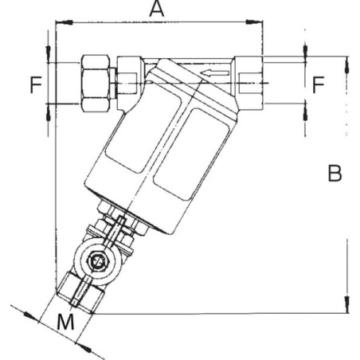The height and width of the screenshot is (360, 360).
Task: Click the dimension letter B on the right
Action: coord(335,173)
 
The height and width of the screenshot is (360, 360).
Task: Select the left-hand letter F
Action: coord(36,84)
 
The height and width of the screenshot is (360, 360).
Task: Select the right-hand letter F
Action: coord(318,84)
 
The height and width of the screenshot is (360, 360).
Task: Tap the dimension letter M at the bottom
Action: coord(65,322)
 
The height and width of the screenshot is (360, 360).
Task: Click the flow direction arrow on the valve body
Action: coord(214,73)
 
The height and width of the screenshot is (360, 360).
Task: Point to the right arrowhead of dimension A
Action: coord(254,22)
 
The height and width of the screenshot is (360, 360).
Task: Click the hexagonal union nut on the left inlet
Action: coord(96,83)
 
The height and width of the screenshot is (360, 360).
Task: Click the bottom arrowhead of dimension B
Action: coord(346,304)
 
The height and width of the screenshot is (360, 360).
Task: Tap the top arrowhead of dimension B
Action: coord(346,65)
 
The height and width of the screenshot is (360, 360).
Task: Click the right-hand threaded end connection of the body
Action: coord(248,83)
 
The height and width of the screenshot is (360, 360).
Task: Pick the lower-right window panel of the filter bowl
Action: coord(192,155)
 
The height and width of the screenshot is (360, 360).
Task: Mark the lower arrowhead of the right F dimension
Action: coord(305,112)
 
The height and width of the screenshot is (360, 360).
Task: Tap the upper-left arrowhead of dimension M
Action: coord(30,316)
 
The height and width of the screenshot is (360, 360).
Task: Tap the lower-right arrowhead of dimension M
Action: coord(84,347)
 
